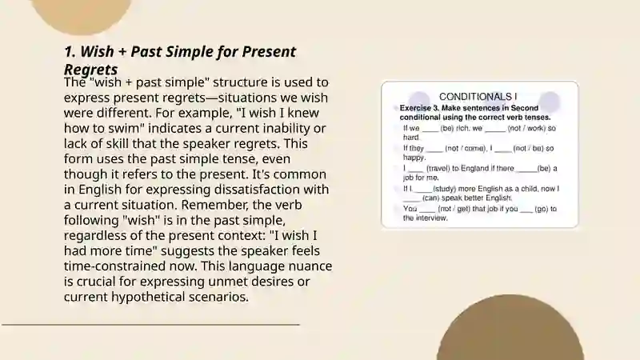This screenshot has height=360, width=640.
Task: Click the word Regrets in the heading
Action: pyautogui.click(x=90, y=70)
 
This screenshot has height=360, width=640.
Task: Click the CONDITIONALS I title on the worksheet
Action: pyautogui.click(x=478, y=97)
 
